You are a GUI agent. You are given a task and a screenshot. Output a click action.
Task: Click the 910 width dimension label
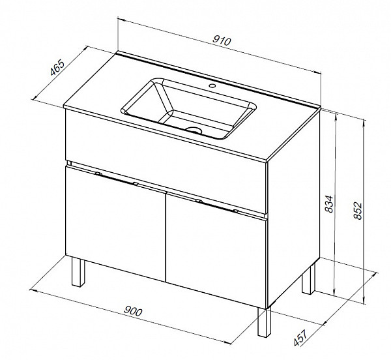(222, 41)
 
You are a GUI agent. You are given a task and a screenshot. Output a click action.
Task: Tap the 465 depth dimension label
(57, 67)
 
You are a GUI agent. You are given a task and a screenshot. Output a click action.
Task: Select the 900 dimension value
(133, 311)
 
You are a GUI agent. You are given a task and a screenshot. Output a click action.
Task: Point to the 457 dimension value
(300, 338)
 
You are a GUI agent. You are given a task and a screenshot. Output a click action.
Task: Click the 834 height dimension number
(329, 204)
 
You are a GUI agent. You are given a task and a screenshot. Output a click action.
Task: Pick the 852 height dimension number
(358, 211)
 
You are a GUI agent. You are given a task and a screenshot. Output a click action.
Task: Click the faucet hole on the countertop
(212, 86)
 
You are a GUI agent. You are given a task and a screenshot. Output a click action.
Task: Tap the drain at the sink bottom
(194, 130)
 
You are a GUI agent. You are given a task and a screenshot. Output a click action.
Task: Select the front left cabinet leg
(78, 271)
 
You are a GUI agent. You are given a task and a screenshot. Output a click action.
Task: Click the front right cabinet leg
(265, 322)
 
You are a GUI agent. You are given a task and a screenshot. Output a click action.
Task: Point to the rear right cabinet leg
(308, 278)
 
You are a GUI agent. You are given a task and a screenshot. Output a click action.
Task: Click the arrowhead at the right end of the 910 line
(318, 72)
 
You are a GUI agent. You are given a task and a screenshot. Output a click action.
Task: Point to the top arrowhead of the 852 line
(364, 123)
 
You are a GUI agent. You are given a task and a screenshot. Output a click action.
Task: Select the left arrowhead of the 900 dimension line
(33, 291)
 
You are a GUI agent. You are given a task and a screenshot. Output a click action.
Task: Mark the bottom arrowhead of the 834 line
(335, 293)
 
